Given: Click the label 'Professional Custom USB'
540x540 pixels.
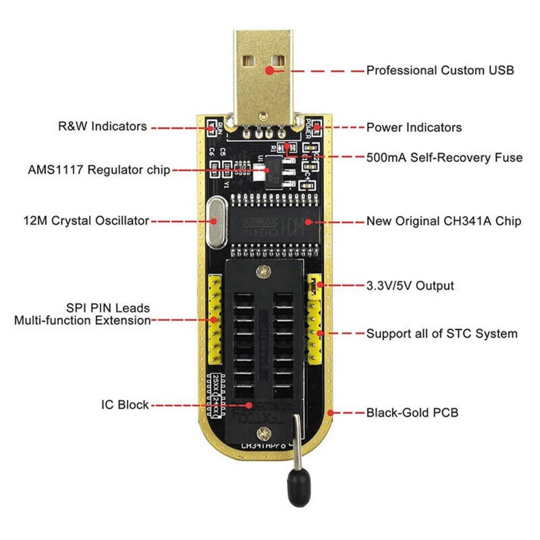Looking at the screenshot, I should click(440, 70).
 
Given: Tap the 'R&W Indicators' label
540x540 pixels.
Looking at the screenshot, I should click(102, 126).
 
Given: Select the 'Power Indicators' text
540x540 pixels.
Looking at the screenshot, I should click(414, 127).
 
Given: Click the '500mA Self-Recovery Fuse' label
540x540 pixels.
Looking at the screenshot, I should click(444, 158).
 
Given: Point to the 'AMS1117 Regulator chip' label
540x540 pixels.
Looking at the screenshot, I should click(99, 170).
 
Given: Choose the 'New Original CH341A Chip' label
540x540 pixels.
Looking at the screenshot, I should click(444, 221).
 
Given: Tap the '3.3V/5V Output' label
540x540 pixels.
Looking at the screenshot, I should click(410, 286).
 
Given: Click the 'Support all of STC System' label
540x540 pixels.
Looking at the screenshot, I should click(442, 333).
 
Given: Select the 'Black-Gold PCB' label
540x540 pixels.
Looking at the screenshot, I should click(413, 413).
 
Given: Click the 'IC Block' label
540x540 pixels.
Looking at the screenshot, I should click(125, 404).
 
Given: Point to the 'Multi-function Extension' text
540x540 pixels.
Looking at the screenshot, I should click(82, 320).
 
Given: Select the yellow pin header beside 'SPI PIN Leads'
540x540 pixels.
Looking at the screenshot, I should click(214, 318).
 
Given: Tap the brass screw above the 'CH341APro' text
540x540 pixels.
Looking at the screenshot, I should click(264, 433).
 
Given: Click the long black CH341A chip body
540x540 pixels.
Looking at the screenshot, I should click(273, 222).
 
